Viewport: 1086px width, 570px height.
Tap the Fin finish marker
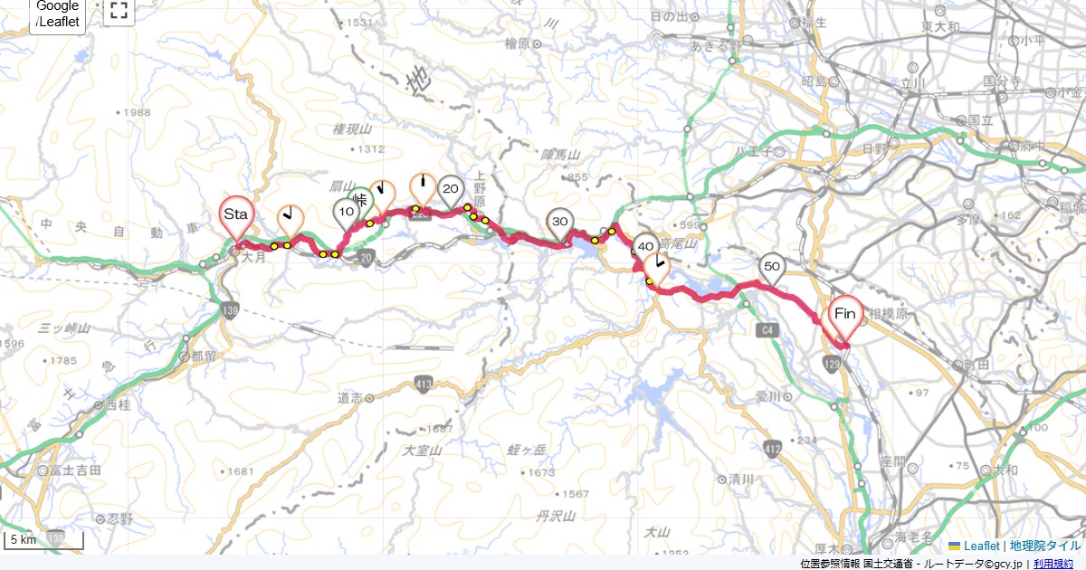pyautogui.click(x=845, y=315)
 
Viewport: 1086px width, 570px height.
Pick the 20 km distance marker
pyautogui.click(x=450, y=190)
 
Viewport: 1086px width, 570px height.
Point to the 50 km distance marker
pyautogui.click(x=771, y=266)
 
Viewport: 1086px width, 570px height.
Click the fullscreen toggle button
pyautogui.click(x=118, y=11)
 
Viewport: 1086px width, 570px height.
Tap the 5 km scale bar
pyautogui.click(x=43, y=541)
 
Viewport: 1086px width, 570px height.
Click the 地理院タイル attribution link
pyautogui.click(x=1044, y=546)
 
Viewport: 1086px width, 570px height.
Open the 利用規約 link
pyautogui.click(x=1055, y=564)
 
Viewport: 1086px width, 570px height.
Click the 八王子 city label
pyautogui.click(x=753, y=151)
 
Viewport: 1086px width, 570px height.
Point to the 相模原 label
pyautogui.click(x=881, y=319)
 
